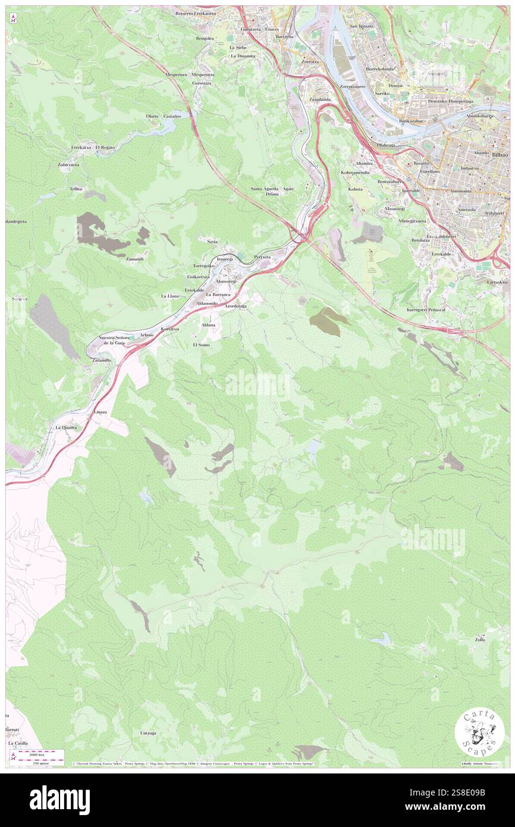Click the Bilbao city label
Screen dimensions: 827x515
[499, 154]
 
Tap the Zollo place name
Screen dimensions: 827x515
[480, 640]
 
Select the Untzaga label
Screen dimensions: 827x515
[149, 733]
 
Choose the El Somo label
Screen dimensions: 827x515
[201, 345]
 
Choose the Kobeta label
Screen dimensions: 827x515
[355, 189]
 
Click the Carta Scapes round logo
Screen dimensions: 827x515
[479, 732]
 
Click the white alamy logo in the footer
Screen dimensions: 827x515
[59, 800]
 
